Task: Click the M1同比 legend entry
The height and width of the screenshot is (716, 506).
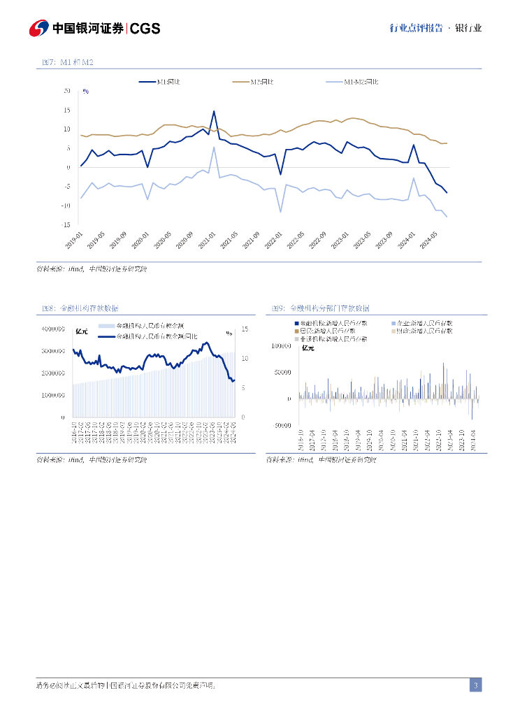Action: (x=167, y=82)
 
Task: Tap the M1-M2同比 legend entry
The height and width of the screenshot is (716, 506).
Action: (x=361, y=82)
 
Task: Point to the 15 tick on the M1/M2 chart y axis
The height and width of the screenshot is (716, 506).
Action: (x=67, y=110)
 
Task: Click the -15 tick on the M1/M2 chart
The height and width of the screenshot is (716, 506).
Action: (x=66, y=224)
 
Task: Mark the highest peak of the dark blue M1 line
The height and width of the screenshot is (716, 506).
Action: (x=214, y=111)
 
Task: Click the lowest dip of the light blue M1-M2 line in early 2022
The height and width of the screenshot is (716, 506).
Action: (x=280, y=212)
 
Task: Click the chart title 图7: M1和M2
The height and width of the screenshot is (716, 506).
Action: (x=68, y=63)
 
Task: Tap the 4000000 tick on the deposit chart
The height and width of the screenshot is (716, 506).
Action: (x=53, y=329)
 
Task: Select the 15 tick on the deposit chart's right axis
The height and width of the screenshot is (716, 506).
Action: (x=245, y=329)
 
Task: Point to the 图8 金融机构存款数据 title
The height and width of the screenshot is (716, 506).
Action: (x=80, y=308)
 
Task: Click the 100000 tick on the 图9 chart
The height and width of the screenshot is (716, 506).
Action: (x=280, y=345)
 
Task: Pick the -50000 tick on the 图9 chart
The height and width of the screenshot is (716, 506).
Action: (x=281, y=425)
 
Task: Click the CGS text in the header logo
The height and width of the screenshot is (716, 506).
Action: (x=145, y=29)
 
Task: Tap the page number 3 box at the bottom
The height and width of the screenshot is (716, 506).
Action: (x=475, y=685)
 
